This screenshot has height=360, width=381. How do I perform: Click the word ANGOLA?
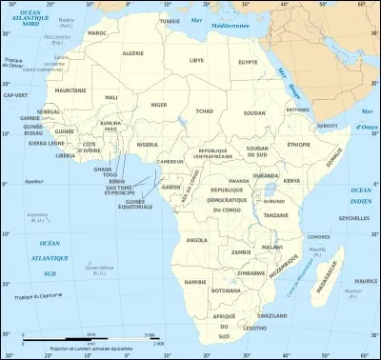(197, 240)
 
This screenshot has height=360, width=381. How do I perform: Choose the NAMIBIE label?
(194, 282)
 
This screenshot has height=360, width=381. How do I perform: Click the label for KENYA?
(291, 180)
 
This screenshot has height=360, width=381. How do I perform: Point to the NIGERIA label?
(147, 145)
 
